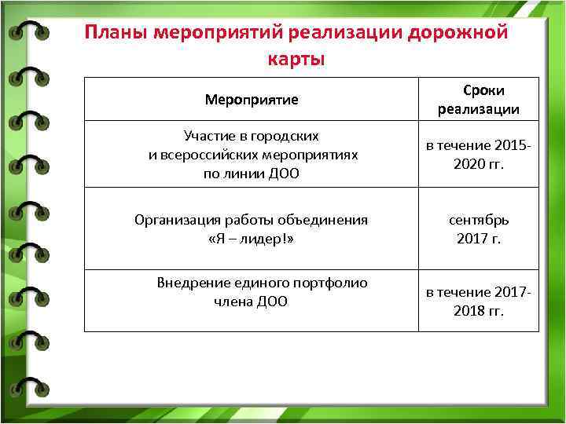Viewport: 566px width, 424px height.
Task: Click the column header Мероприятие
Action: pyautogui.click(x=251, y=100)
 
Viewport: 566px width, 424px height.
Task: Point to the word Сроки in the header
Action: pyautogui.click(x=479, y=91)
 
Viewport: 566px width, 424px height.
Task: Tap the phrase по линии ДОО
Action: pyautogui.click(x=251, y=174)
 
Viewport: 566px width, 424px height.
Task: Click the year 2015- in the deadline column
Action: pyautogui.click(x=513, y=145)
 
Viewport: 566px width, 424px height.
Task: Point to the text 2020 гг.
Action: pyautogui.click(x=479, y=164)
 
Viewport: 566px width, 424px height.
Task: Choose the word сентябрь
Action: pyautogui.click(x=479, y=219)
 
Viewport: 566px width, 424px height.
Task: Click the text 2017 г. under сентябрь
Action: pyautogui.click(x=479, y=238)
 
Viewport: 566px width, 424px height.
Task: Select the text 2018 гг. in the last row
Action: pyautogui.click(x=479, y=310)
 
